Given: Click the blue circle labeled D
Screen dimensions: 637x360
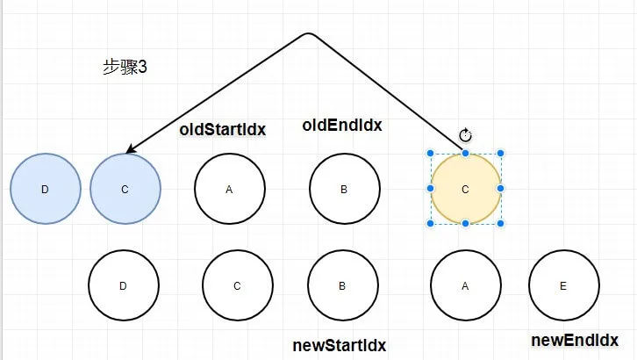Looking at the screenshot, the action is point(45,189).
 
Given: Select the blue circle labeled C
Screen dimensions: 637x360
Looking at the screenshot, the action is point(125,189).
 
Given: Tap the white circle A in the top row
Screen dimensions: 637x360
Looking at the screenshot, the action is point(230,189).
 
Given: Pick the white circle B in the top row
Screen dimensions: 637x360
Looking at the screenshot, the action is point(345,189).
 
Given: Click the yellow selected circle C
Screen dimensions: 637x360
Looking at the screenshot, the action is point(466,189).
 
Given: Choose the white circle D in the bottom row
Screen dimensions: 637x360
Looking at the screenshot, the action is point(124,285).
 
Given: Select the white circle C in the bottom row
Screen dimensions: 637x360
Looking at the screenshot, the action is point(238,285).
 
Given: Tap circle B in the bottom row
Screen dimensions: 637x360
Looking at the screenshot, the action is point(343,285).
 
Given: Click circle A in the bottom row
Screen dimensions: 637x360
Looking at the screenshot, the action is point(466,285).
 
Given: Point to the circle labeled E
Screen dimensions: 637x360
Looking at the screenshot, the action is point(564,285).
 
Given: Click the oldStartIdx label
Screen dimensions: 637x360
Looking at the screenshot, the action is point(223,130).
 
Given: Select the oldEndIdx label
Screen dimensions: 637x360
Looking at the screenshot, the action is point(342,126).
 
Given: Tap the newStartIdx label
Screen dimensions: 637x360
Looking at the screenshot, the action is point(340,345).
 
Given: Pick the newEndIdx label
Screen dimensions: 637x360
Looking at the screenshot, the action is point(575,340).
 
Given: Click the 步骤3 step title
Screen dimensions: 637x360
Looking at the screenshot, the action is point(125,67).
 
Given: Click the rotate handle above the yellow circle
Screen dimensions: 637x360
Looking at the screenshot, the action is point(466,135).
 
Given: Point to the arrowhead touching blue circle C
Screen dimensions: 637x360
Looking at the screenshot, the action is point(131,149).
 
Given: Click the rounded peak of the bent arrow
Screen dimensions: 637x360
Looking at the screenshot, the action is point(309,33).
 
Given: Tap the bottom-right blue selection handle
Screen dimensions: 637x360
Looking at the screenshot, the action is point(500,223).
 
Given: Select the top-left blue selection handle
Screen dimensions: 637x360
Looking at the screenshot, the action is point(430,153).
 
